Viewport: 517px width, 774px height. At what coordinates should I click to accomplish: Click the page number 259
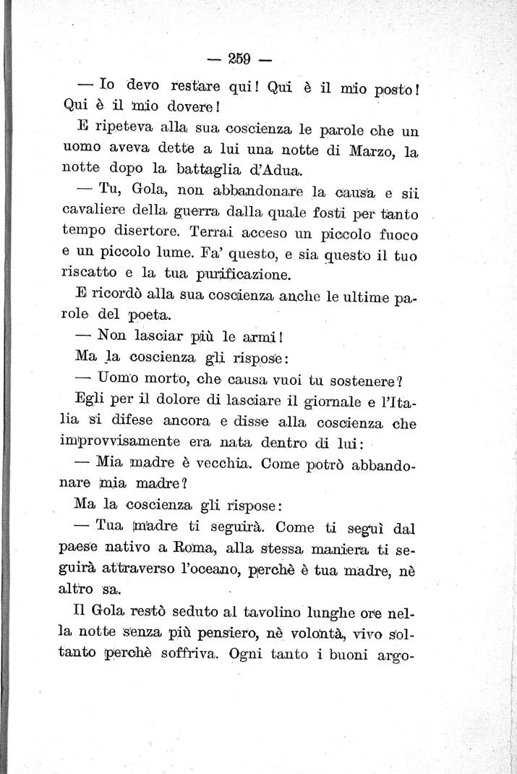(x=239, y=59)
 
